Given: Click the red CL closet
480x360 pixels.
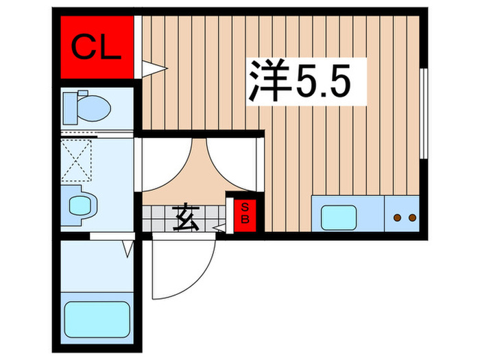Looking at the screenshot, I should [x=96, y=47].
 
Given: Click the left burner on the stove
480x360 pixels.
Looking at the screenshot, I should [x=396, y=218].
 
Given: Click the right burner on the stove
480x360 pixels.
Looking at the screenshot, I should [x=412, y=218].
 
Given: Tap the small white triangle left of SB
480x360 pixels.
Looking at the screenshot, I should [x=220, y=227].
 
